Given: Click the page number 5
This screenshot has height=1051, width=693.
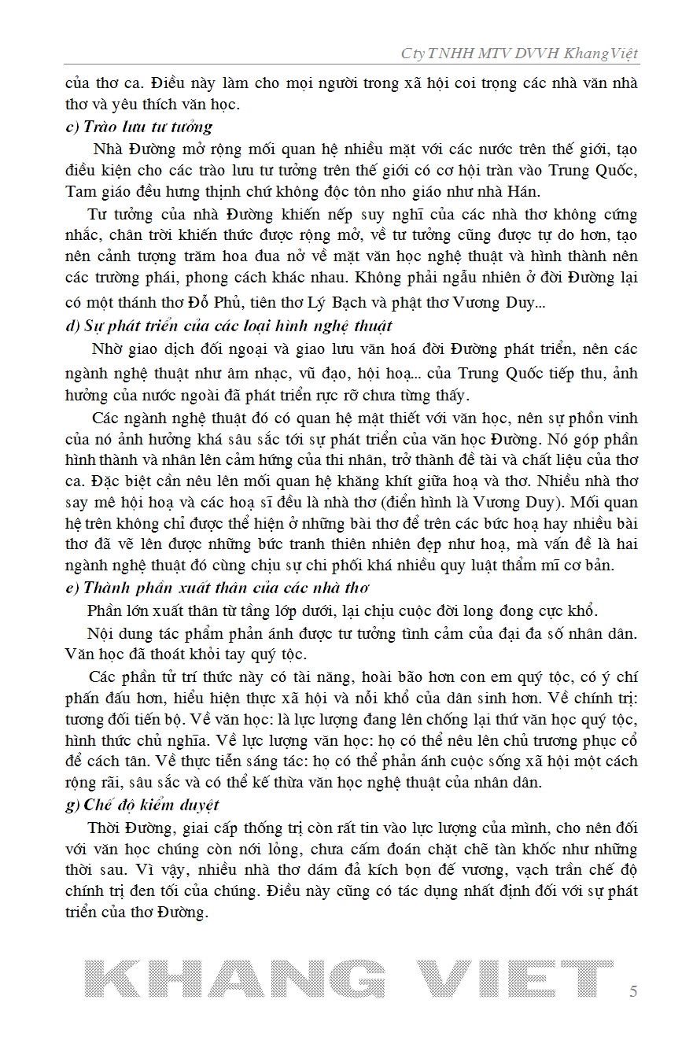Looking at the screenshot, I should pyautogui.click(x=633, y=991).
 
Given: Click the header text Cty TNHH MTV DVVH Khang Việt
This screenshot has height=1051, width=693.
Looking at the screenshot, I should pyautogui.click(x=519, y=53).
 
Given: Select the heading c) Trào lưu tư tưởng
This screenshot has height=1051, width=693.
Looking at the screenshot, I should pyautogui.click(x=138, y=127).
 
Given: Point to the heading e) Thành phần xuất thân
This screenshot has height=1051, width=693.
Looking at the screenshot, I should pyautogui.click(x=217, y=588).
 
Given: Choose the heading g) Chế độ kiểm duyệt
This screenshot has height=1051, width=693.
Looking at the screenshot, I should pyautogui.click(x=142, y=805).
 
